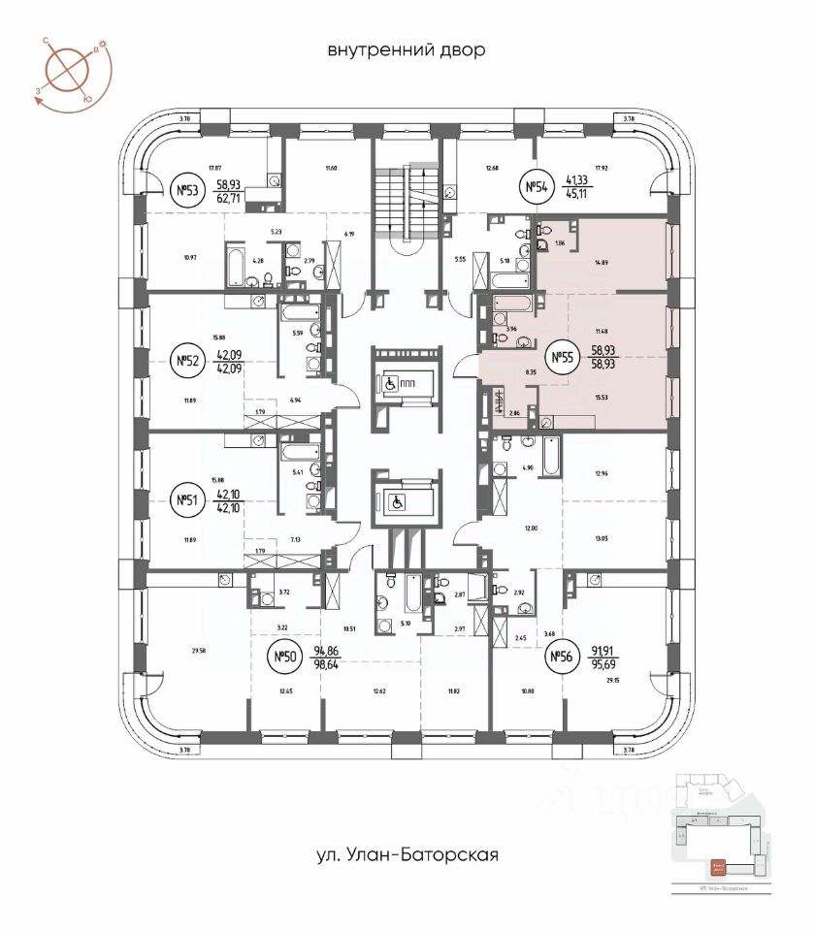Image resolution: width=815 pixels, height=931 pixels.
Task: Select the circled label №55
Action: (x=562, y=359)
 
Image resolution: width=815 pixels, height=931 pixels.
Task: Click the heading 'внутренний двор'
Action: (x=406, y=49)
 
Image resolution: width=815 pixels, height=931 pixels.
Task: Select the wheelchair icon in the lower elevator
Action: (x=396, y=502)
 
